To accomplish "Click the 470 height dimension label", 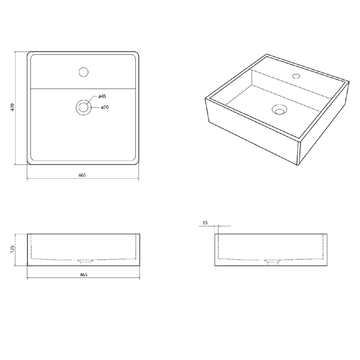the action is [13, 107].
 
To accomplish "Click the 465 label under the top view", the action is [82, 175].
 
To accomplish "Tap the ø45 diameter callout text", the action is [102, 96].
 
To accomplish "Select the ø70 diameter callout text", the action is [105, 107].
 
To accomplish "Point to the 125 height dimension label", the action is [12, 249].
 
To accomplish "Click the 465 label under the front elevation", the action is [84, 274].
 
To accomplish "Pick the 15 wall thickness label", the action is [205, 223].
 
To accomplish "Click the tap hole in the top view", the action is [84, 72].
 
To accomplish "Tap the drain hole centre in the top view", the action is [83, 107].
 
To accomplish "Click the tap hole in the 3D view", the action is [296, 76].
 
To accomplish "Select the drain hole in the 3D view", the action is [279, 109].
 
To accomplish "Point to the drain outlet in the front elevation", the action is [85, 261].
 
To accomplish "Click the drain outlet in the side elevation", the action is [273, 262].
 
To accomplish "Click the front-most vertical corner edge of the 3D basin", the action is [298, 153].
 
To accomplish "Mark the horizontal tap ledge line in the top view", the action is [83, 89].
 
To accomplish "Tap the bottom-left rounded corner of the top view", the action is [29, 162].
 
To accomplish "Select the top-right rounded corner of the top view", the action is [136, 54].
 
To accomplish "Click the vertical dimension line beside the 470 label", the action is [15, 108].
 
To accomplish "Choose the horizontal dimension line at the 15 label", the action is [215, 226].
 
